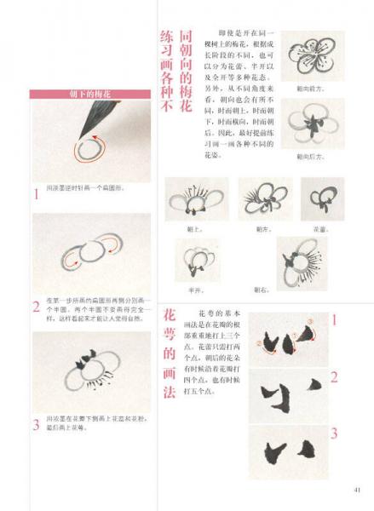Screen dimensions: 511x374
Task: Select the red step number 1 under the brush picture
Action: (x=36, y=194)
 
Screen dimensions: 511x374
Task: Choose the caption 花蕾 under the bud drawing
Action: (x=322, y=228)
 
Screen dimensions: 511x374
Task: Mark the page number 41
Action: (x=356, y=488)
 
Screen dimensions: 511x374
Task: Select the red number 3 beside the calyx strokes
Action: (x=334, y=433)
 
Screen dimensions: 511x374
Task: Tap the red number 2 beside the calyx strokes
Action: (x=334, y=376)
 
